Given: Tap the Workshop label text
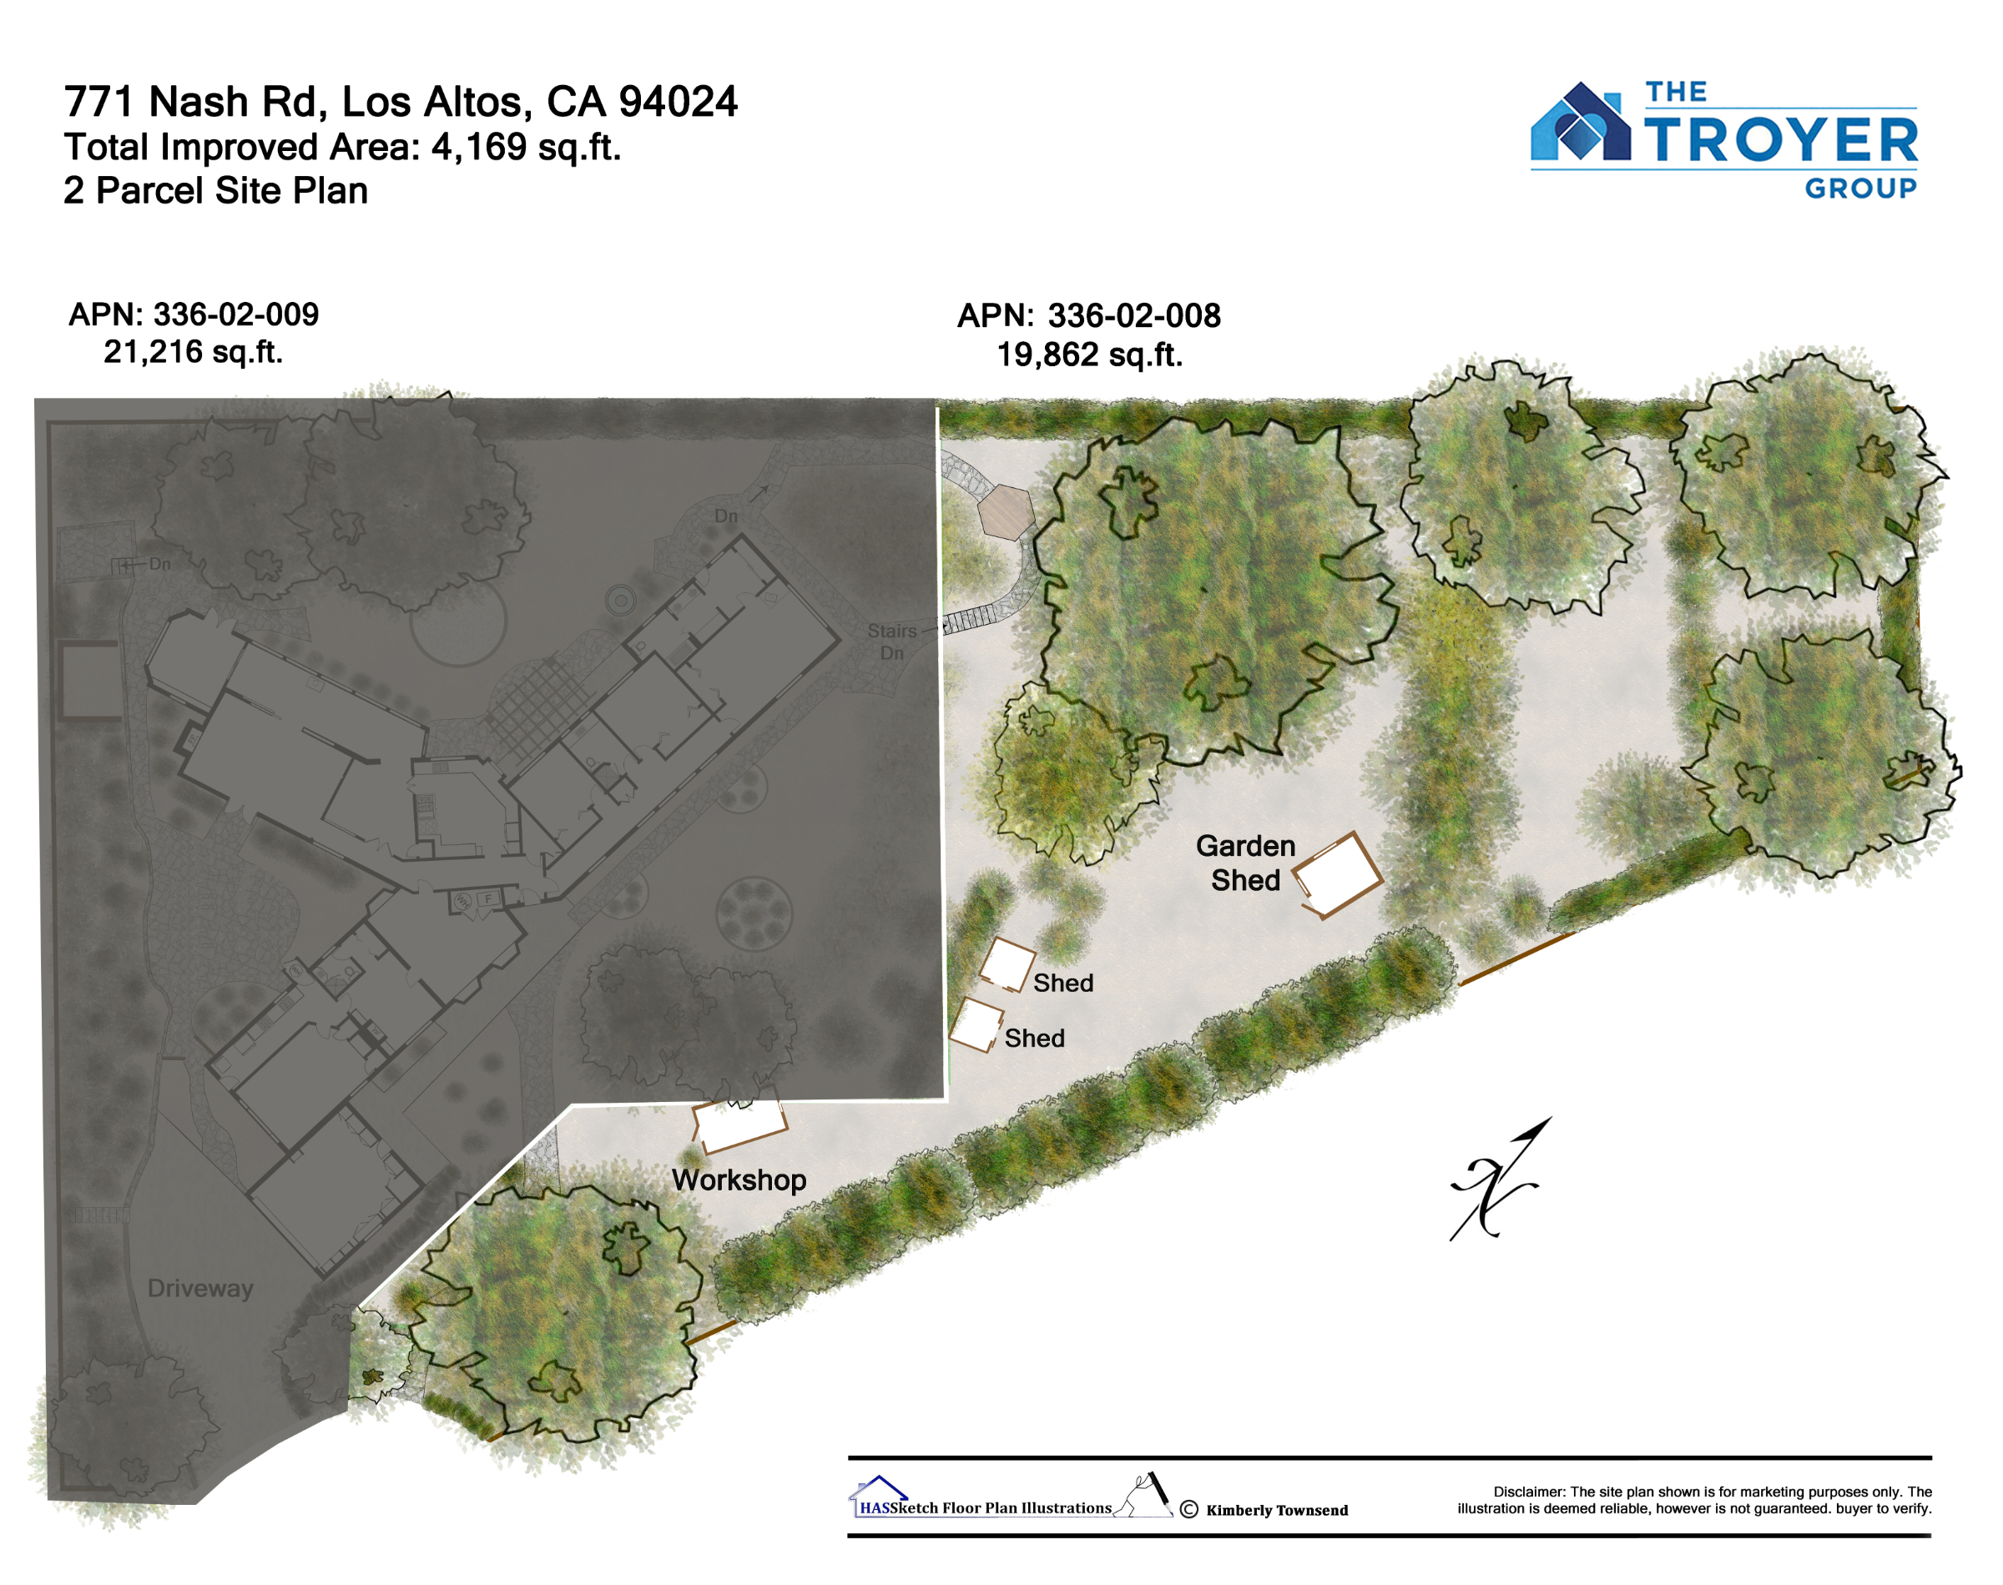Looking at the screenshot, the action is [x=739, y=1180].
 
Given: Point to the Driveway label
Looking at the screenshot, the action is [x=200, y=1289].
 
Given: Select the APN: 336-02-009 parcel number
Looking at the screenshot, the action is [x=194, y=314].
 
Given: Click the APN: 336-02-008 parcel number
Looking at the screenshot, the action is [x=1089, y=315].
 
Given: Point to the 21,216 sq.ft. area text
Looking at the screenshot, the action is [x=193, y=352].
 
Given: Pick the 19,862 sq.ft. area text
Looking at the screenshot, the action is [x=1090, y=355].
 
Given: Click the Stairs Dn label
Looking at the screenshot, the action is [x=892, y=642].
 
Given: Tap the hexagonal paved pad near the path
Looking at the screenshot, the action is [x=1005, y=511].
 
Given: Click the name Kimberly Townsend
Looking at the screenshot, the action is [x=1277, y=1510].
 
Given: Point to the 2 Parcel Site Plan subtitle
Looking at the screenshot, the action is [x=216, y=190].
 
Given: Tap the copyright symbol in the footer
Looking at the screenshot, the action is [x=1189, y=1509].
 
